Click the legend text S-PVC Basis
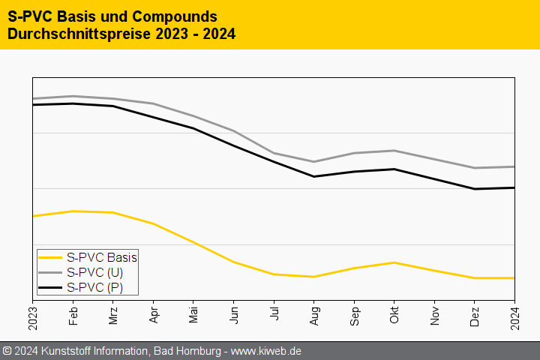coord(102,257)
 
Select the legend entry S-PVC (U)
coord(95,272)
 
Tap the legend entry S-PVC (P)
coord(95,287)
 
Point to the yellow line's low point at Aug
coord(314,277)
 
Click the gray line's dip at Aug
coord(314,161)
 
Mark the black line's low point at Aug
coord(314,176)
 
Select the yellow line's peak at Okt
coord(394,262)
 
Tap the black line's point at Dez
coord(475,189)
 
